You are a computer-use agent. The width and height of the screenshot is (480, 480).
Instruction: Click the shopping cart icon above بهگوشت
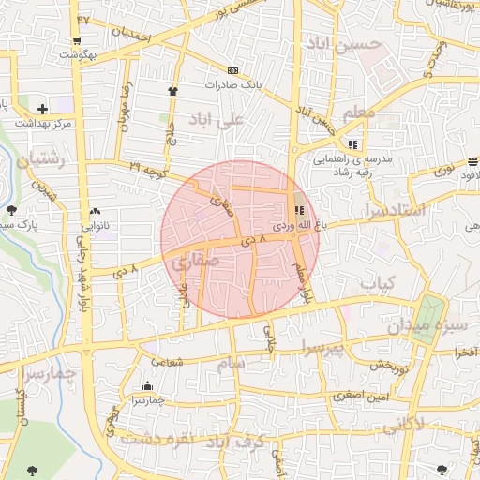point(74,41)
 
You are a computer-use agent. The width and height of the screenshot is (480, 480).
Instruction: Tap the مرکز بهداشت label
point(44,123)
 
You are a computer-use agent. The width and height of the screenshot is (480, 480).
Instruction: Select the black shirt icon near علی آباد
point(172,91)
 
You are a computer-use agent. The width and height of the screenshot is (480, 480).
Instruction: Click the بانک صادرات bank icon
point(232,70)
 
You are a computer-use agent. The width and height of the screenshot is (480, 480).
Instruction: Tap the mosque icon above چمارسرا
point(147,386)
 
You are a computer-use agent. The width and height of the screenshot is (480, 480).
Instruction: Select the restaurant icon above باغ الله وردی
point(299,211)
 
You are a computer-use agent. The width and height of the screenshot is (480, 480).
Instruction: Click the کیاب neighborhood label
point(380,282)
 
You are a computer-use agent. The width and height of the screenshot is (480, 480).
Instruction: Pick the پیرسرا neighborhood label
point(323,348)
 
